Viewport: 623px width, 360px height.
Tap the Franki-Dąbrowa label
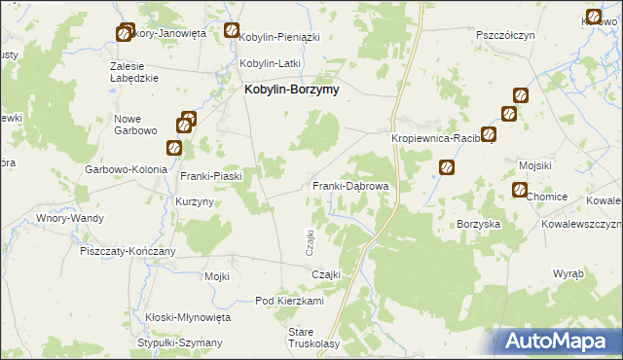click(x=350, y=186)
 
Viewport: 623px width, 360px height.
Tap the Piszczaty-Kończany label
click(x=128, y=251)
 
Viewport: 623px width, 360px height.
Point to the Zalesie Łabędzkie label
click(x=134, y=72)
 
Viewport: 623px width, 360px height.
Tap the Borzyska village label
click(x=479, y=223)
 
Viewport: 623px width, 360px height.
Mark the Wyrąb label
click(x=568, y=273)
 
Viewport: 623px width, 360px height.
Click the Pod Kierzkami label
click(x=288, y=302)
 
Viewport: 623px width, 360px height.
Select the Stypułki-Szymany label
click(x=180, y=342)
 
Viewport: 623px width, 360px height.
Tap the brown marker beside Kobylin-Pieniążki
click(x=232, y=30)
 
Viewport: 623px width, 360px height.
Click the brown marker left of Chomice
click(x=519, y=190)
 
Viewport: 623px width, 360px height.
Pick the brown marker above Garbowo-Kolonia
click(x=173, y=148)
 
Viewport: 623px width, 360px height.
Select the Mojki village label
click(x=216, y=276)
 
